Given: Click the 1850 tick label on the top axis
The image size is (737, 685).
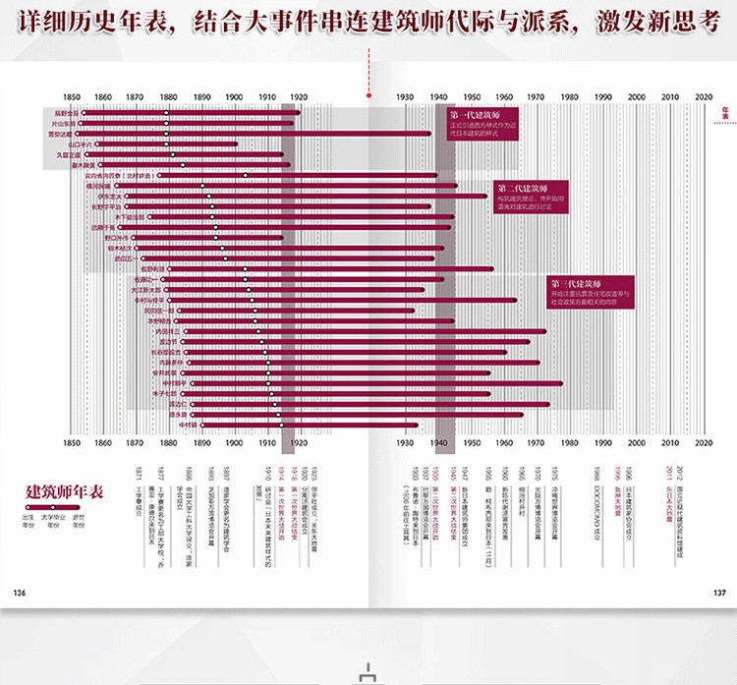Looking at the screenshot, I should tap(71, 97).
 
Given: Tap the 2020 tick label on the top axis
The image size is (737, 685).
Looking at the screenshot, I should tap(704, 97).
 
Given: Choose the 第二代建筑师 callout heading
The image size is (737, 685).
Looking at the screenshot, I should tap(522, 188).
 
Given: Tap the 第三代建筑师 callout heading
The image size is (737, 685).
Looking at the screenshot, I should tap(578, 283).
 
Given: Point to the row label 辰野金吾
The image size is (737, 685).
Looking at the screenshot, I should tap(67, 113).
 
